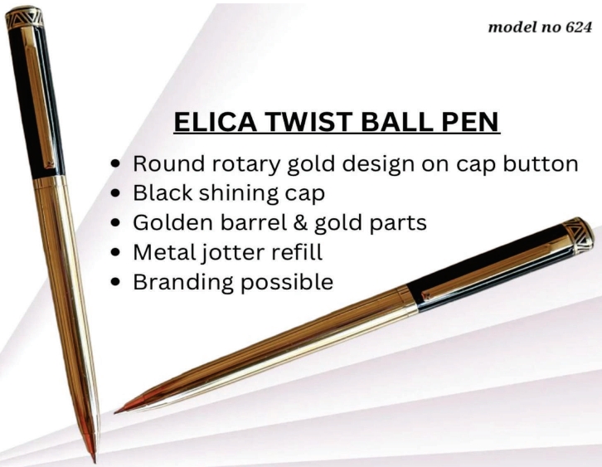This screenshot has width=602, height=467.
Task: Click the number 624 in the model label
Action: click(579, 27)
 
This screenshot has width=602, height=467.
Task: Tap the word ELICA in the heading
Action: click(216, 122)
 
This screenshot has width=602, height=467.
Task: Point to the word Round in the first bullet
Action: click(168, 163)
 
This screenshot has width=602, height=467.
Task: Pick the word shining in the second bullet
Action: click(239, 193)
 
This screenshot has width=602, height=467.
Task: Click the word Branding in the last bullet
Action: click(183, 282)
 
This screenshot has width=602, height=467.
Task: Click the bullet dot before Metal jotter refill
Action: click(115, 253)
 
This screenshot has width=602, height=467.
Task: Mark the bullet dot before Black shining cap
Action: click(115, 193)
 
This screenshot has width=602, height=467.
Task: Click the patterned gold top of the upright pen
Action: click(24, 17)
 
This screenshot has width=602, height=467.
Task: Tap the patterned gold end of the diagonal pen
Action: click(578, 236)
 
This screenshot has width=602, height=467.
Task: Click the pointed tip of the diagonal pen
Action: click(115, 412)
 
